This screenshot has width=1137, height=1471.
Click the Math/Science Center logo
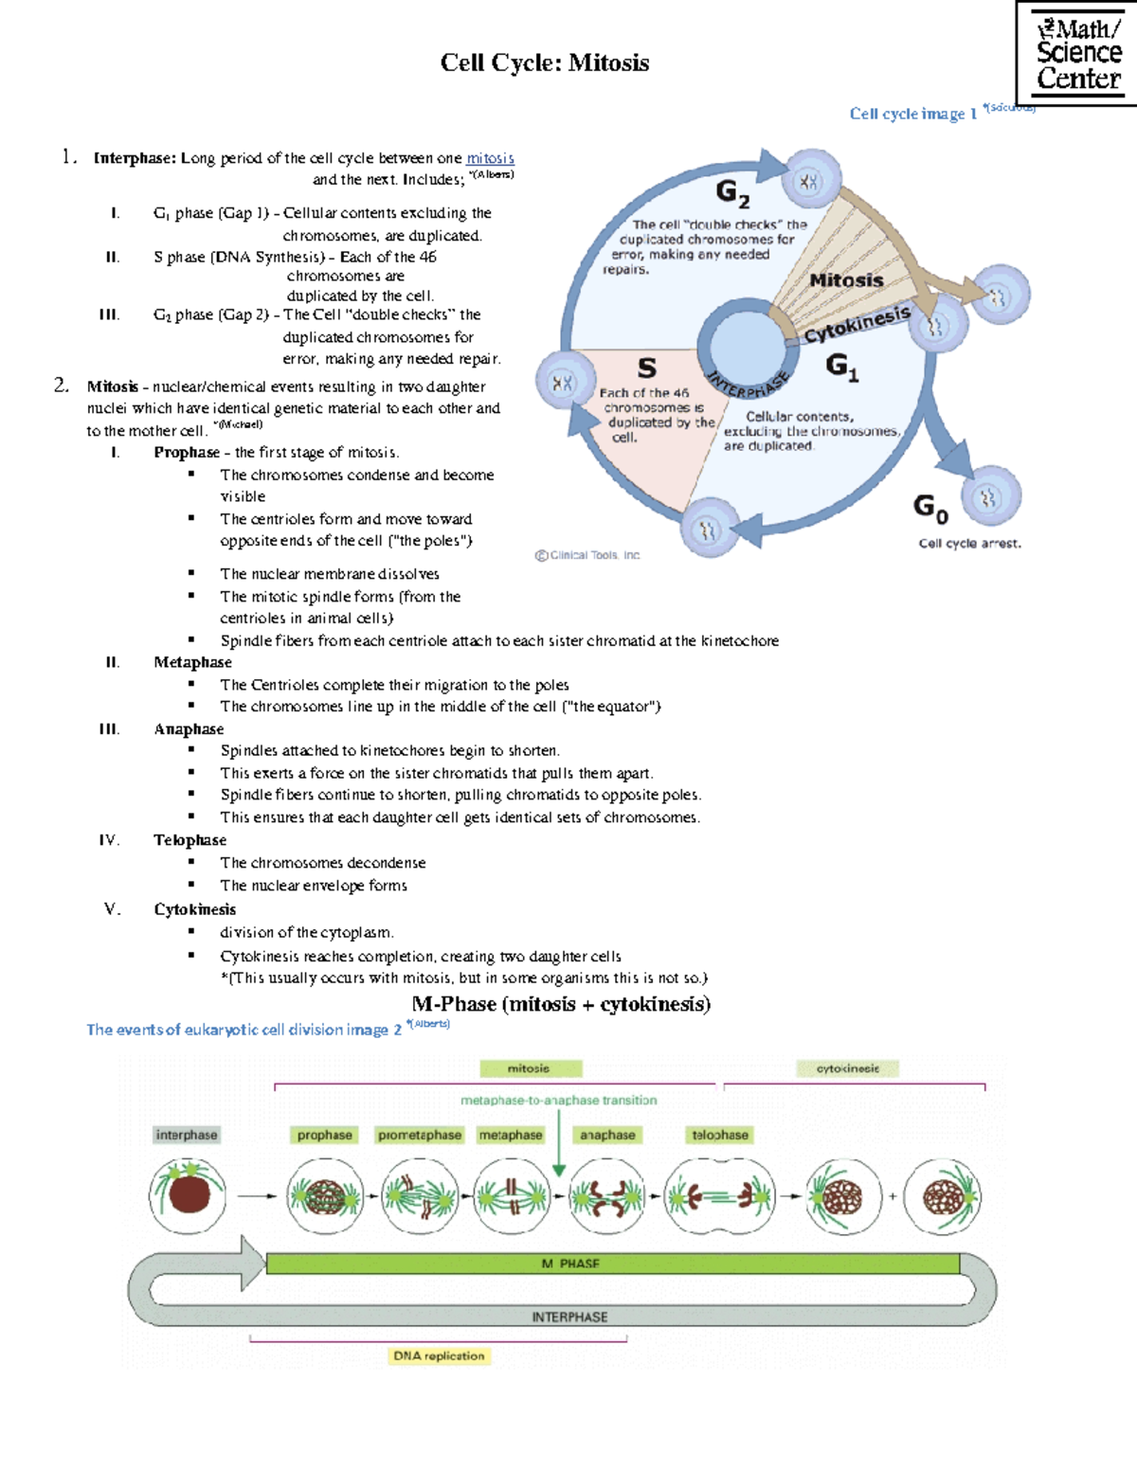click(x=1076, y=53)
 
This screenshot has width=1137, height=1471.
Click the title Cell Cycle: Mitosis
click(x=545, y=63)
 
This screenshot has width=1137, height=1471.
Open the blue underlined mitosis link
click(x=490, y=158)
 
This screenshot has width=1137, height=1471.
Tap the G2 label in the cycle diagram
click(x=732, y=193)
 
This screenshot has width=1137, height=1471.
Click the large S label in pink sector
click(x=646, y=367)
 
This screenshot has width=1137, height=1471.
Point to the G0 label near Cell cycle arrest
click(x=930, y=508)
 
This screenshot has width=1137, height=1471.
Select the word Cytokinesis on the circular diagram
click(x=857, y=324)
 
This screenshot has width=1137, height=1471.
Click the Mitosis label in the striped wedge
click(x=846, y=280)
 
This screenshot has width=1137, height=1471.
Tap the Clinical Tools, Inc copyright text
click(x=587, y=556)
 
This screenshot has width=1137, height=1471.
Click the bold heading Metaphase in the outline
click(x=192, y=662)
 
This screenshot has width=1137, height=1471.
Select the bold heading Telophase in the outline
click(x=189, y=840)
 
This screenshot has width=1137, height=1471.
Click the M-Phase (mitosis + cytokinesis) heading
click(x=561, y=1004)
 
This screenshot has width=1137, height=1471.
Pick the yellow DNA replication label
click(x=439, y=1356)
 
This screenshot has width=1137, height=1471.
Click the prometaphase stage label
click(x=420, y=1135)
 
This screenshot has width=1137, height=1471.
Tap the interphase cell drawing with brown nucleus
click(x=188, y=1195)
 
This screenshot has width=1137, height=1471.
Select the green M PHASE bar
click(x=611, y=1264)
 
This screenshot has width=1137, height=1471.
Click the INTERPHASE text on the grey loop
click(x=569, y=1318)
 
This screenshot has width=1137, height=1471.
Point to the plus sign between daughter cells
click(x=893, y=1196)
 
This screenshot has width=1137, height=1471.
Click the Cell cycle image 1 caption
click(x=912, y=114)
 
